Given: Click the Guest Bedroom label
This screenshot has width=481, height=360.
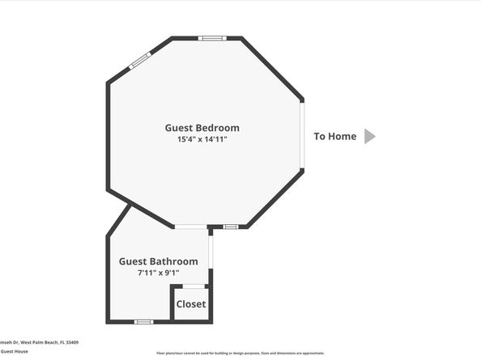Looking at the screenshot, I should tap(202, 128).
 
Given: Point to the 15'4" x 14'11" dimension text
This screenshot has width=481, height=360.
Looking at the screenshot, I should tap(202, 140).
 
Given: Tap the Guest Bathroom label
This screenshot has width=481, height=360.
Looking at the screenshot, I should tap(158, 261).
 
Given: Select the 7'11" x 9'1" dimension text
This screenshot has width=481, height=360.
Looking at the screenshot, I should tap(158, 273).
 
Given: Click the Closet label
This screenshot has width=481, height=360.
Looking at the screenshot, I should tap(191, 304).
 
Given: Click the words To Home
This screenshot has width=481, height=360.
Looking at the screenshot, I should tap(334, 136).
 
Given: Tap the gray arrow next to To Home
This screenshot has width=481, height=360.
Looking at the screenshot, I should tap(369, 136).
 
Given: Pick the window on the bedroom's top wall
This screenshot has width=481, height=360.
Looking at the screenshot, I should tap(212, 38).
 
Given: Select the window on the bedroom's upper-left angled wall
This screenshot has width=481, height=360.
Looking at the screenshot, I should tap(140, 60).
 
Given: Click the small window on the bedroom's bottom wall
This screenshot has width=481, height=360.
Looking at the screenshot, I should tap(231, 227).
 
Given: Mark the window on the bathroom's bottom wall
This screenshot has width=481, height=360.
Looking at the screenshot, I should tap(143, 322).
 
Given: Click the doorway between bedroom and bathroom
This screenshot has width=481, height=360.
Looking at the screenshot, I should tap(190, 227).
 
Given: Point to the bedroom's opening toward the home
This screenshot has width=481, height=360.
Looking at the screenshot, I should tap(303, 135).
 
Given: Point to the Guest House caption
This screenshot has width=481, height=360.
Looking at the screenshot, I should tap(14, 351).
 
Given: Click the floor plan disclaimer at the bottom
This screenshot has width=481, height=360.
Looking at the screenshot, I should tap(240, 354).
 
